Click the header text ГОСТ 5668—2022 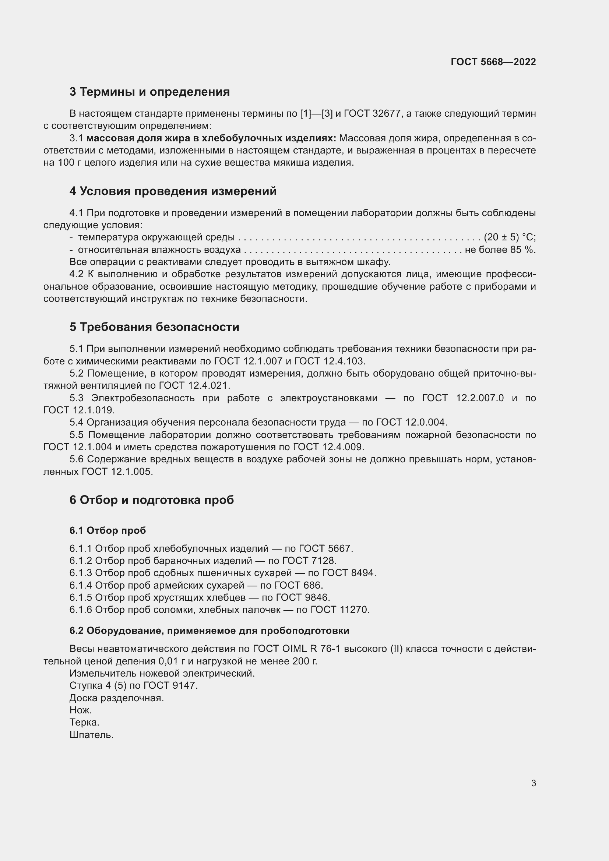[493, 62]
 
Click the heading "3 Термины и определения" [149, 92]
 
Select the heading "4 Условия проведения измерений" [173, 191]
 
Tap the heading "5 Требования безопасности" [154, 327]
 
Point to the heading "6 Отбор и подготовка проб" [151, 500]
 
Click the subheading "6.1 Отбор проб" [108, 530]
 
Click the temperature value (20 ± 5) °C [509, 237]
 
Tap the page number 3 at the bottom [534, 783]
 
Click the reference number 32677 [387, 113]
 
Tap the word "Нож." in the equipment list [81, 710]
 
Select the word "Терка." [84, 722]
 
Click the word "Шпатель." [92, 735]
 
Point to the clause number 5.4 [76, 423]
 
